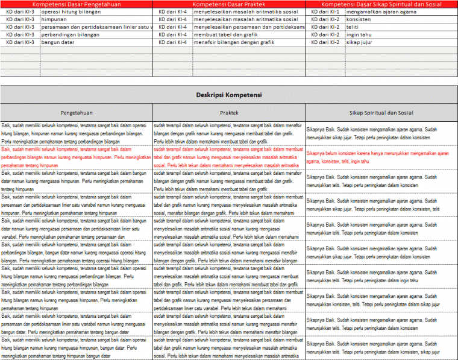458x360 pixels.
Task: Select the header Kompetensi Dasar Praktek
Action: point(229,4)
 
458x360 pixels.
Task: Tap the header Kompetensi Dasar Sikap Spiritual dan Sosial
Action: point(381,4)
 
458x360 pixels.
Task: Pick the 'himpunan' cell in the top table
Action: point(54,20)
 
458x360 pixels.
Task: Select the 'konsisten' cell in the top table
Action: point(359,20)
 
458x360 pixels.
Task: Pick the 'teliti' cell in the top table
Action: point(355,27)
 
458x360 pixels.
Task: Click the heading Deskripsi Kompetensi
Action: point(229,95)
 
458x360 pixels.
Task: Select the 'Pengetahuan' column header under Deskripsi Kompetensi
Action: point(76,112)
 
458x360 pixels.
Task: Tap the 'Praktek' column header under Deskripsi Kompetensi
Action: point(229,112)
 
